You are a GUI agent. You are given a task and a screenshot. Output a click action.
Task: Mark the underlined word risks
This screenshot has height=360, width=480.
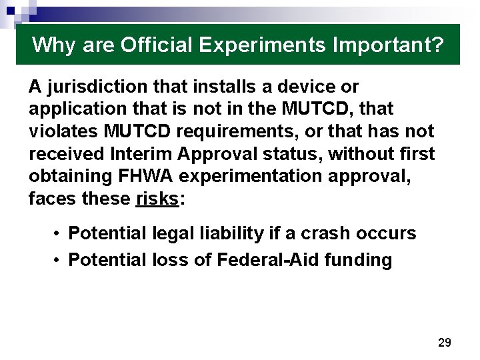coord(157,199)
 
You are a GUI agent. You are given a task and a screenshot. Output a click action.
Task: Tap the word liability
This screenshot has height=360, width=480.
coord(218,233)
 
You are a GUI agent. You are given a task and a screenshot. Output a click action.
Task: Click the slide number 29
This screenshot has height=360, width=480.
coord(444,343)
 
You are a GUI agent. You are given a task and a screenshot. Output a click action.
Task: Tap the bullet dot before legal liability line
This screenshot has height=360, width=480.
coord(59,233)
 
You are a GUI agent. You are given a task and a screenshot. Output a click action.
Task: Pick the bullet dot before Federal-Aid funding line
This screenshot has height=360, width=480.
coord(59,259)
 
